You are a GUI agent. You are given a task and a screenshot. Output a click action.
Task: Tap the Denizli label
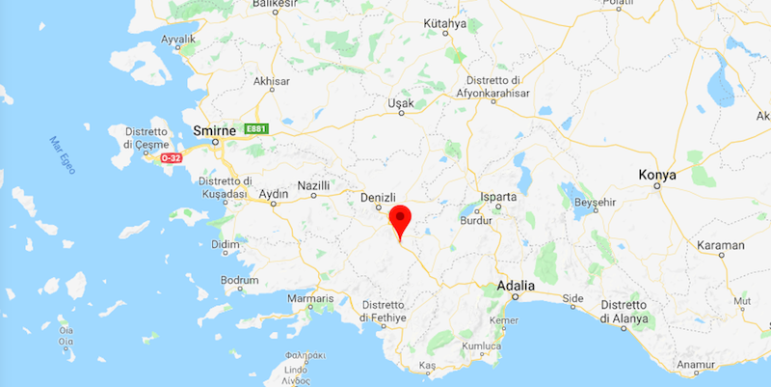click(378, 198)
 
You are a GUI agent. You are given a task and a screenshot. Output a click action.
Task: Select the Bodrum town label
click(240, 280)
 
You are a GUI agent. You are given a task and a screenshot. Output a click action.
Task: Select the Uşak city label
click(400, 103)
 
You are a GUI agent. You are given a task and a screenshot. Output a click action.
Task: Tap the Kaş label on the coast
click(428, 366)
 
